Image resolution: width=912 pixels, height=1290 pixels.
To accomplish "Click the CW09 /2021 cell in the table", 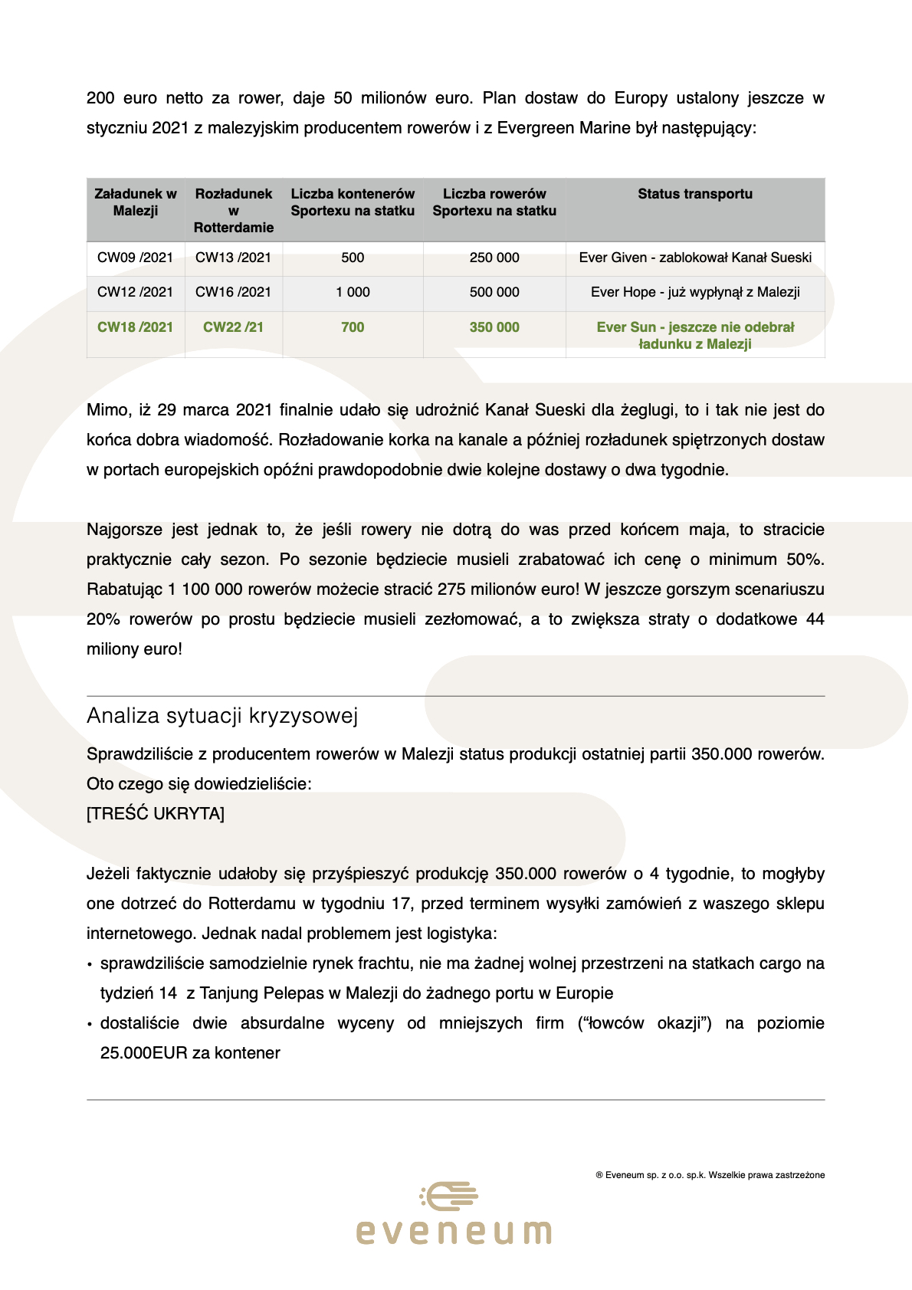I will (135, 258).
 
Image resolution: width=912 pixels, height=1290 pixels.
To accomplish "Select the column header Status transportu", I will (694, 194).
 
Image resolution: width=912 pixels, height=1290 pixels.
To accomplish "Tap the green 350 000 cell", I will (494, 327).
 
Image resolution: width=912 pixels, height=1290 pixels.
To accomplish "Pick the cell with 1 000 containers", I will (353, 292).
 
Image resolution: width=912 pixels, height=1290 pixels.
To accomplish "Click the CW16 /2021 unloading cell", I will (233, 292).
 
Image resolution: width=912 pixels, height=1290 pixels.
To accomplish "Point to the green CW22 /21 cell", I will (233, 327).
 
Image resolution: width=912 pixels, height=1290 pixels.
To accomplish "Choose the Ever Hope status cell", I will (694, 292).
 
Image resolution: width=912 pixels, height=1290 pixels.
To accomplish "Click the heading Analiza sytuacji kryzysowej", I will (222, 716).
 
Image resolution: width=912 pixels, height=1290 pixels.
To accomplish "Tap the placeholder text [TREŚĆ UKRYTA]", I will (156, 814).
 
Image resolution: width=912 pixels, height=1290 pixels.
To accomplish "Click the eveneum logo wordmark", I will (454, 1232).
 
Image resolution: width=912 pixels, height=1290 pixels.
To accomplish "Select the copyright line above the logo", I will (710, 1175).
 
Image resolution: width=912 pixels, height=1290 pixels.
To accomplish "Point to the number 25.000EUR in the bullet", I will (143, 1053).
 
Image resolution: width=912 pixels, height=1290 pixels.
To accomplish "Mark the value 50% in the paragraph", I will (804, 560).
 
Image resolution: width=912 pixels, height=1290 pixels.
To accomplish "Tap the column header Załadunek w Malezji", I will (135, 202).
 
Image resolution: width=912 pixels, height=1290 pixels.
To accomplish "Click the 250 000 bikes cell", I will (494, 258).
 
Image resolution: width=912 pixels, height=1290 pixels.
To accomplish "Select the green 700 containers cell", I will (353, 327).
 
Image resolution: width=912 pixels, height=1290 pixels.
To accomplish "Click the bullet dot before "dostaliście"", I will (90, 1024).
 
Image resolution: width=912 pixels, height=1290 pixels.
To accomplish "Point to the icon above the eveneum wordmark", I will (450, 1196).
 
